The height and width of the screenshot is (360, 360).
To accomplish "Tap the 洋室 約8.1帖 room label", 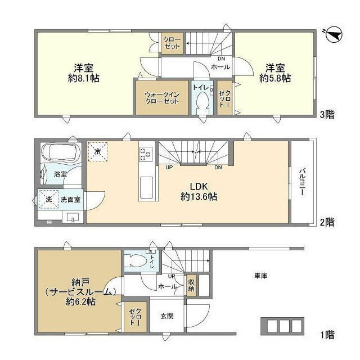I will [x=83, y=73].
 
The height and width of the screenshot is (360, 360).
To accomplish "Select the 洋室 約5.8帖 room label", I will [x=274, y=73].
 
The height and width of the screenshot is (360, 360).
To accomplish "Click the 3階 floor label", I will [x=328, y=115].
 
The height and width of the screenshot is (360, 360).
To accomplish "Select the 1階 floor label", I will [x=328, y=336].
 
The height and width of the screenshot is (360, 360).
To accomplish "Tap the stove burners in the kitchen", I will [x=146, y=153].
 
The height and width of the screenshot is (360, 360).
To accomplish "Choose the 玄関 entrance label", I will [x=166, y=316].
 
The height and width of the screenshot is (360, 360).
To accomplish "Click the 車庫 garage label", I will [x=260, y=276].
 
